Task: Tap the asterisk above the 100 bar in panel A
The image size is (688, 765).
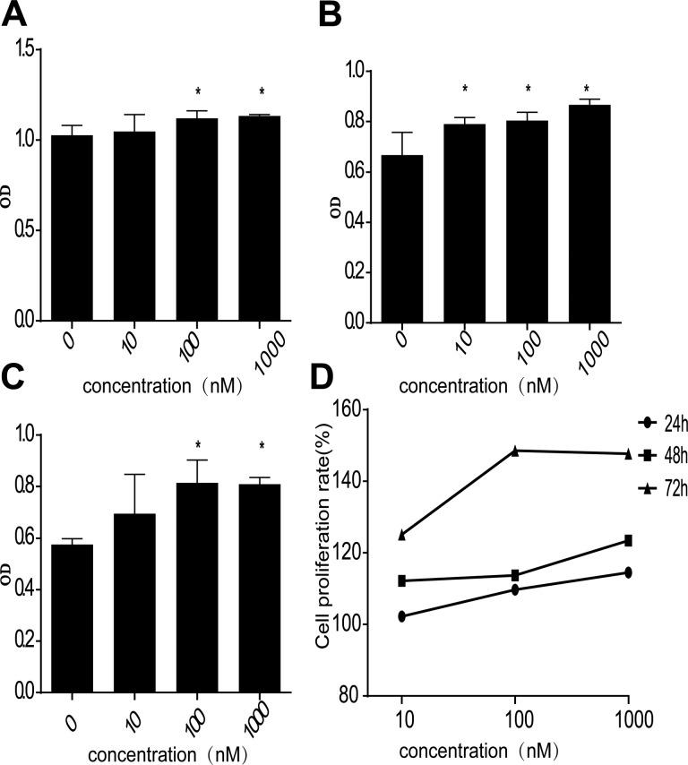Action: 198,92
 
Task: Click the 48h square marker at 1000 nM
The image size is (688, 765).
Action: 629,540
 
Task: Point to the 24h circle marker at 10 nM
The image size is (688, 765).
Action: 402,616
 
